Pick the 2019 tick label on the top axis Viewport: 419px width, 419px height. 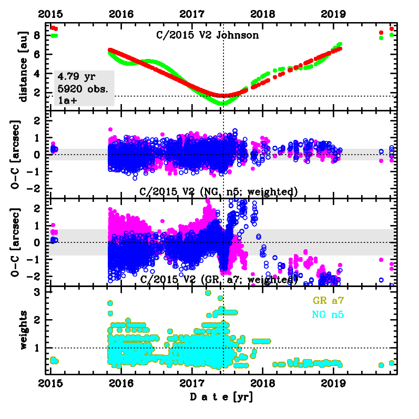pos(334,14)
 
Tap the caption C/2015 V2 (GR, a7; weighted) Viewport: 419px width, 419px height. pos(219,279)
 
